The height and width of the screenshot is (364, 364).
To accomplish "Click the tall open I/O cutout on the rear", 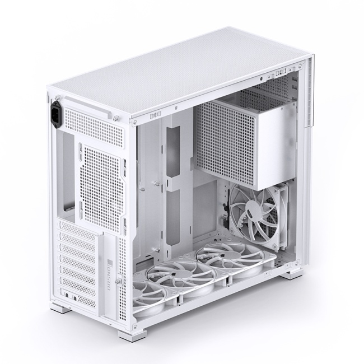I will click(x=69, y=168).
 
